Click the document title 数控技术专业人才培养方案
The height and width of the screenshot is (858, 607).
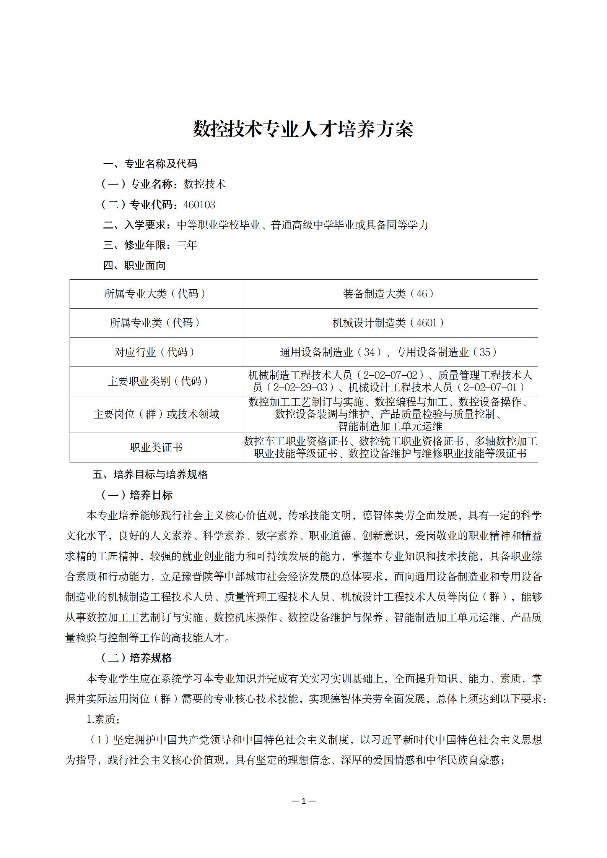click(x=303, y=129)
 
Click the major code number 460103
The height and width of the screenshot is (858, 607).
click(x=199, y=205)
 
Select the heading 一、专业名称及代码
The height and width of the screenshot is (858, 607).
click(x=150, y=164)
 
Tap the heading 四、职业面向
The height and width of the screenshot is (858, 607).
click(x=135, y=265)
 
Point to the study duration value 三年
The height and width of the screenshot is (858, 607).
click(x=187, y=245)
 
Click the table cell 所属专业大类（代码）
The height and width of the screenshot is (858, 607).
click(x=156, y=294)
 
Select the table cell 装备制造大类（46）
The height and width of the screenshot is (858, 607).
click(x=390, y=294)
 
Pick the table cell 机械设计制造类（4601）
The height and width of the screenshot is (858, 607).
click(x=390, y=323)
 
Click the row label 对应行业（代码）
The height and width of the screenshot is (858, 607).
click(x=156, y=352)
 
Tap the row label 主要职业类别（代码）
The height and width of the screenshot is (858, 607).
click(x=156, y=381)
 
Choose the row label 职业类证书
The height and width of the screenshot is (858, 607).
click(x=156, y=447)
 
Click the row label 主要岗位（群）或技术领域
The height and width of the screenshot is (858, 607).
click(x=156, y=414)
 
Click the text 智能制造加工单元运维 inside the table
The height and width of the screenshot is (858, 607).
click(x=390, y=426)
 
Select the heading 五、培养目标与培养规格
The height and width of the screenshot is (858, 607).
click(x=150, y=475)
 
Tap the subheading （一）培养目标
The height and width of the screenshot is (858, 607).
click(x=137, y=495)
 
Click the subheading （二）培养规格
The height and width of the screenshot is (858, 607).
click(x=137, y=658)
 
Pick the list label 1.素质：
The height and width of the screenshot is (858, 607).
click(x=104, y=719)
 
